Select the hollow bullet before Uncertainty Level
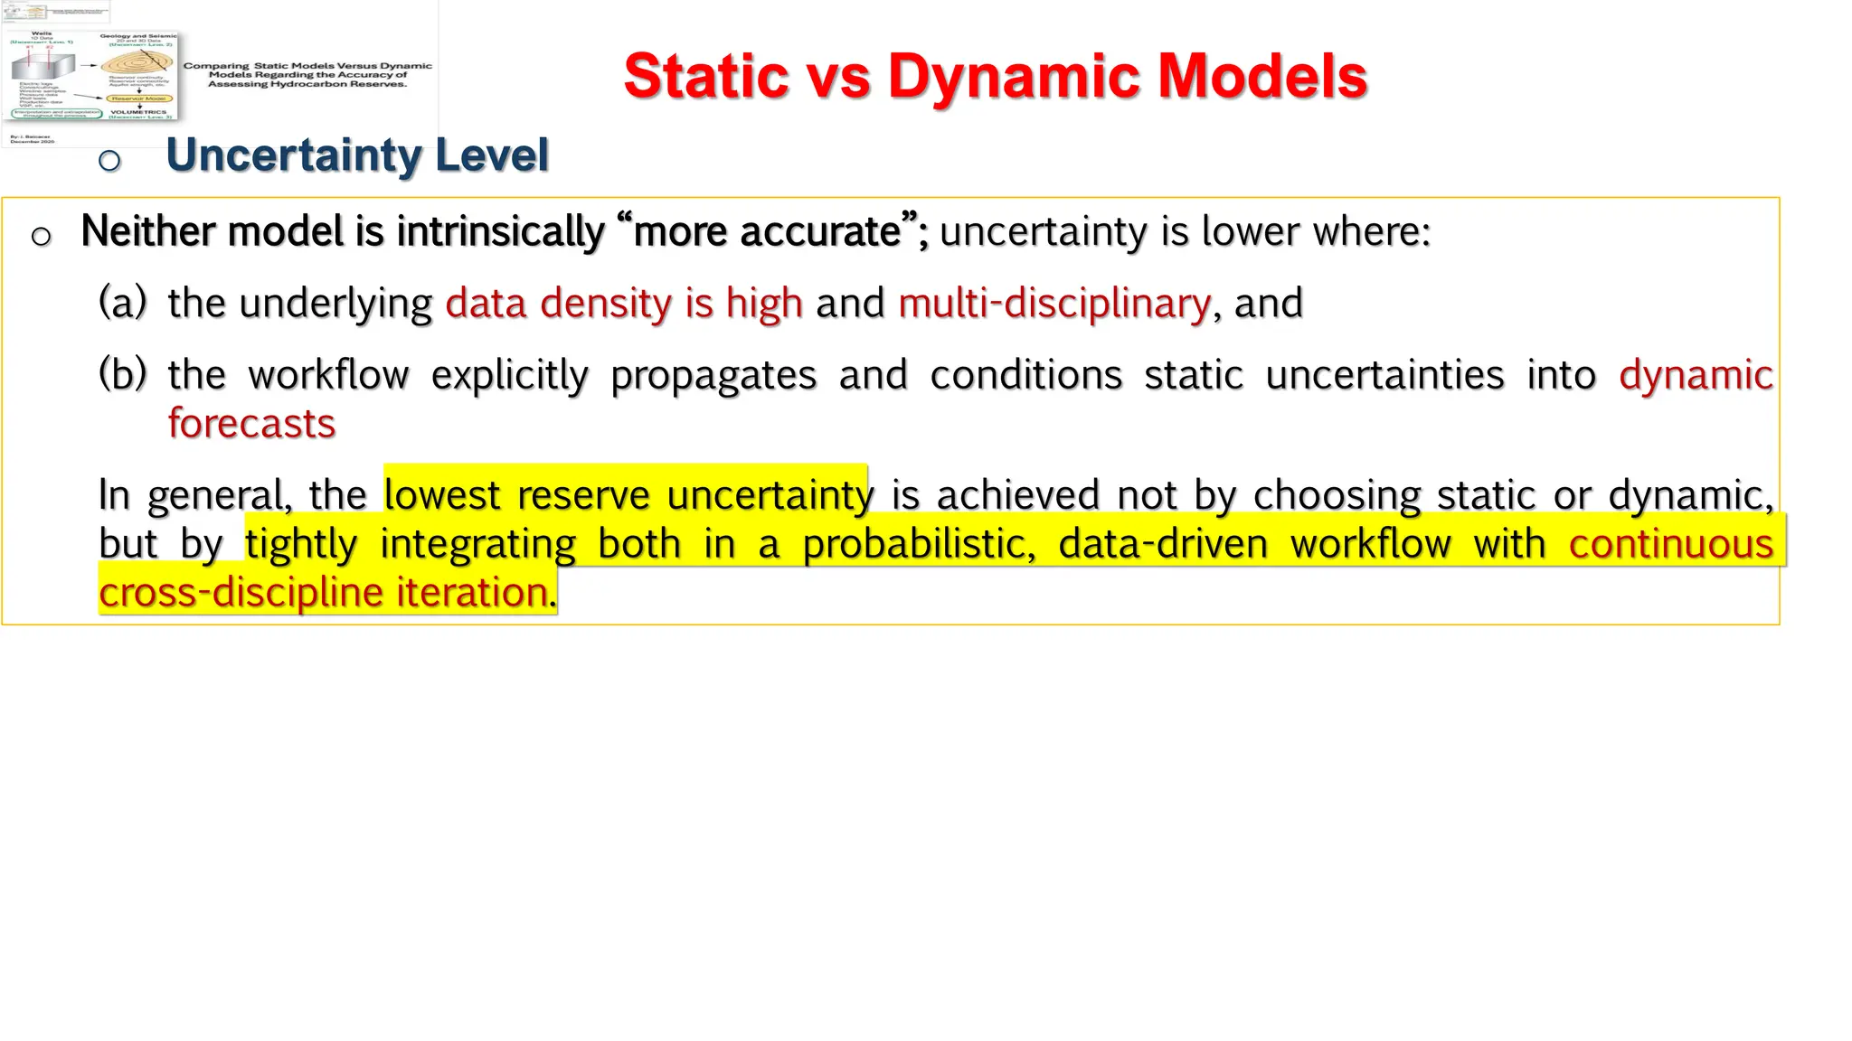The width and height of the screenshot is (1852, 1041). pyautogui.click(x=109, y=161)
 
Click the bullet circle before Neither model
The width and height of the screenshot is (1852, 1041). pyautogui.click(x=41, y=237)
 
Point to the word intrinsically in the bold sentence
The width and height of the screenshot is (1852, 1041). pyautogui.click(x=499, y=231)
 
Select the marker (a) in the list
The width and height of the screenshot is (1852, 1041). pyautogui.click(x=122, y=302)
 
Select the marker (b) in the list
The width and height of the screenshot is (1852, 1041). pyautogui.click(x=122, y=373)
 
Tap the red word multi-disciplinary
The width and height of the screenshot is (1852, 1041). pyautogui.click(x=1054, y=303)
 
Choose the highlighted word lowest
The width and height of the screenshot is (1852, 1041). pyautogui.click(x=441, y=495)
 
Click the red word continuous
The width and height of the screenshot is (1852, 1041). pyautogui.click(x=1670, y=544)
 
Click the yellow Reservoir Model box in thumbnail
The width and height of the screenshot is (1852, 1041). pyautogui.click(x=139, y=98)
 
